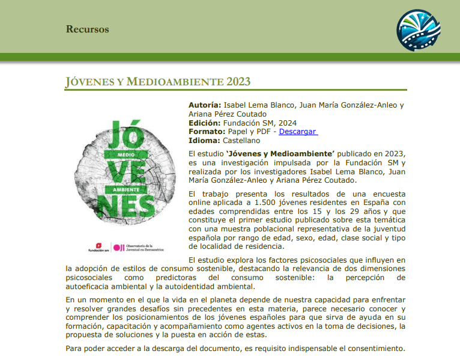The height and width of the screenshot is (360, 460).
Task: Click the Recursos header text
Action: tap(87, 29)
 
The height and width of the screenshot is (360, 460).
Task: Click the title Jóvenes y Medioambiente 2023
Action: tap(157, 82)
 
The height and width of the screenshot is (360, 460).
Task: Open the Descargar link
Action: tap(298, 132)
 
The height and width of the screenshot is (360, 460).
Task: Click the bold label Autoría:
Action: tap(205, 105)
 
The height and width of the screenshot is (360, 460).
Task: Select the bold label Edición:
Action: tap(205, 123)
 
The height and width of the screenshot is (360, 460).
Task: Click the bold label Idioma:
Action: tap(204, 141)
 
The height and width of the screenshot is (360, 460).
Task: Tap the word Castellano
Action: tap(242, 141)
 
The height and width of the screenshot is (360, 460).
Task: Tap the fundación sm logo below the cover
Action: tap(98, 248)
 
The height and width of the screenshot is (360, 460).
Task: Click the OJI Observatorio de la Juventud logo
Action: tap(139, 248)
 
